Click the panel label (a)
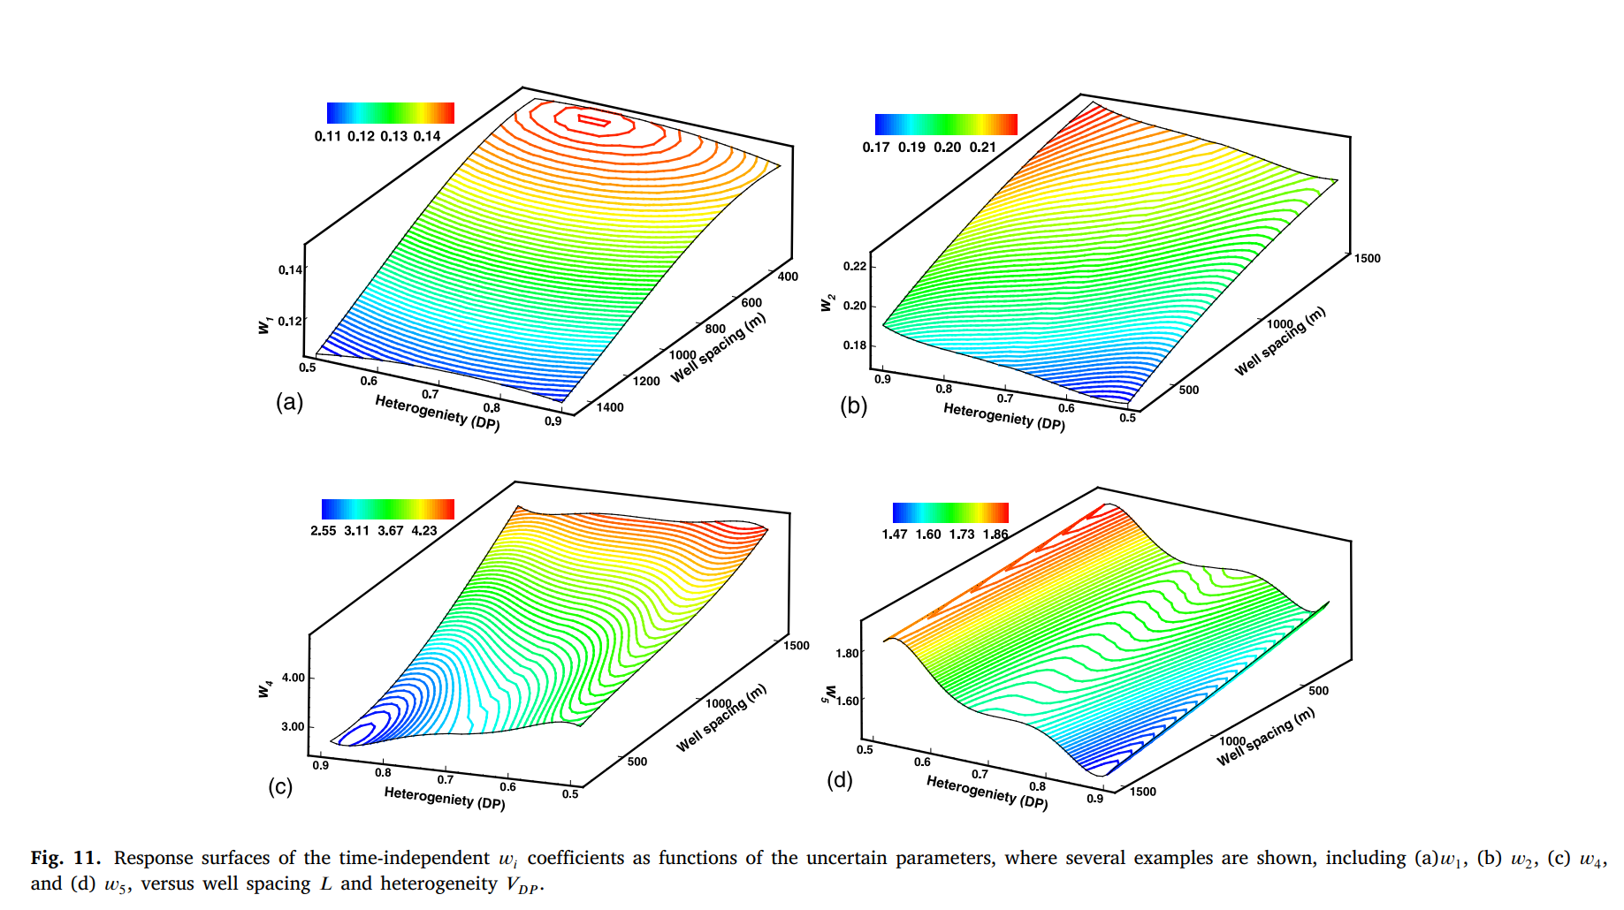tap(289, 403)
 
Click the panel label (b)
tap(853, 406)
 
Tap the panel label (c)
tap(280, 786)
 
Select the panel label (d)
tap(839, 780)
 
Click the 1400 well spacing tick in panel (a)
tap(610, 407)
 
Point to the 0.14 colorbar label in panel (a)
tap(427, 136)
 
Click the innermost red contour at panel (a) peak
tap(593, 120)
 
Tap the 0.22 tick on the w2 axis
tap(854, 266)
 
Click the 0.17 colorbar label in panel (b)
tap(876, 148)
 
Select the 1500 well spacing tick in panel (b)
tap(1367, 258)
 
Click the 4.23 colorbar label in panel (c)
tap(424, 531)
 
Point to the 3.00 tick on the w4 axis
tap(293, 726)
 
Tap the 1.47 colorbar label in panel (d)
tap(895, 535)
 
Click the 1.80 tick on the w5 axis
tap(847, 653)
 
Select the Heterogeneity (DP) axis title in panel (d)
tap(987, 792)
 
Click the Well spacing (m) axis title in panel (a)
tap(718, 348)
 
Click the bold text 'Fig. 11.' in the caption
tap(65, 858)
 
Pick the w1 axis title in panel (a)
tap(264, 325)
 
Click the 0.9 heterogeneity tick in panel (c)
tap(320, 765)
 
